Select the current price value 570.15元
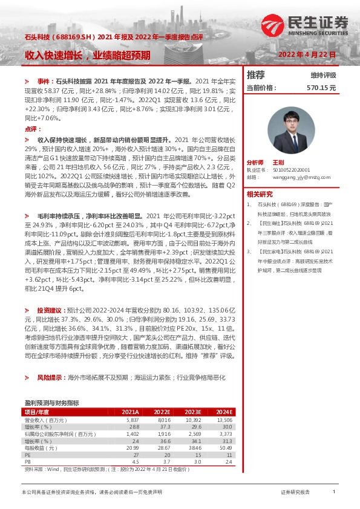tap(321, 88)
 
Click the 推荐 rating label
tap(256, 75)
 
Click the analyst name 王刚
tap(278, 163)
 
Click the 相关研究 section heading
tap(260, 195)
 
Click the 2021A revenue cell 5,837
tap(133, 420)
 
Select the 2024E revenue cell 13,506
tap(224, 420)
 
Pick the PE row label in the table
tap(27, 456)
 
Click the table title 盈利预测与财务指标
tap(52, 402)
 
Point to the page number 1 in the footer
tap(334, 493)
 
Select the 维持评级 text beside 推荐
tap(323, 76)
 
